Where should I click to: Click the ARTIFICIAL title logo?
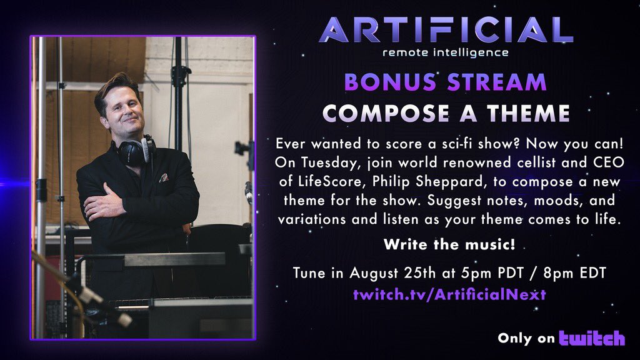coord(446,29)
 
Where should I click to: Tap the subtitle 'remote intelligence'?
coord(446,52)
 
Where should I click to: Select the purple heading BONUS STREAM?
coord(445,82)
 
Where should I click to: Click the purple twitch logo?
coord(591,338)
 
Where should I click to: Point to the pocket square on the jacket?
coord(164,178)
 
